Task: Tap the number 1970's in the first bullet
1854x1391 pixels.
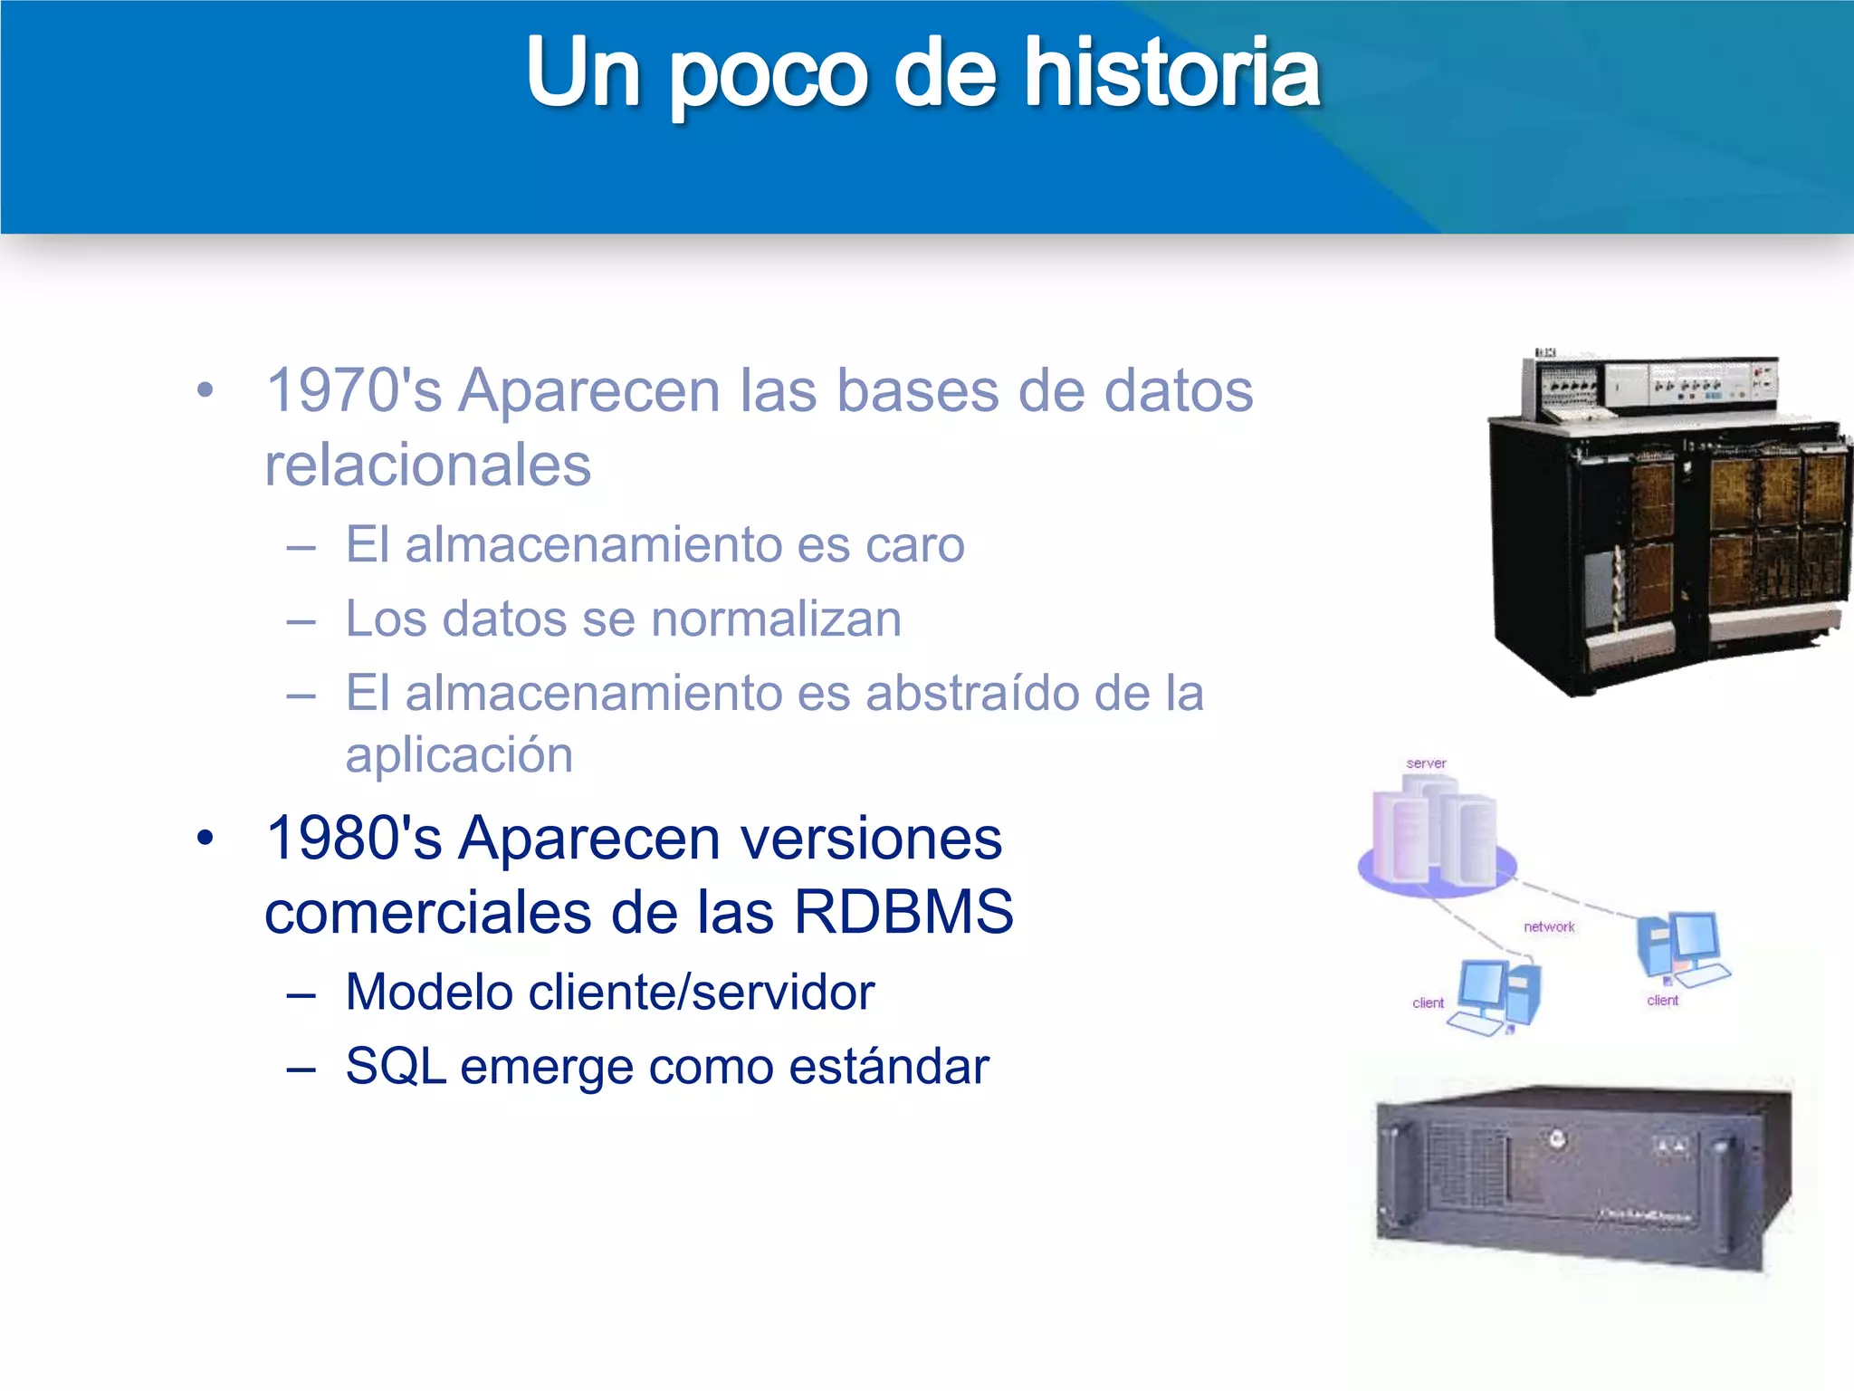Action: tap(354, 391)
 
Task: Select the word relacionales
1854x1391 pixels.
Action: tap(427, 465)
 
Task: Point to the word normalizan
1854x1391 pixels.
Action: tap(776, 619)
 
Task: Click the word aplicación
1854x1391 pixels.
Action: tap(459, 755)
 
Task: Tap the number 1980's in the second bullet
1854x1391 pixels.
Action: tap(354, 838)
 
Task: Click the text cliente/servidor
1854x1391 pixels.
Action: tap(702, 993)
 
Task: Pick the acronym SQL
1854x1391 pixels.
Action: tap(396, 1067)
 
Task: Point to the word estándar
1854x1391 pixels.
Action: tap(889, 1067)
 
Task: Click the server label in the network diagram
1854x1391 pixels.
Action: tap(1426, 763)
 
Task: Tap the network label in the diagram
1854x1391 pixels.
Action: tap(1549, 926)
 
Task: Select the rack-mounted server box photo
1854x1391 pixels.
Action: tap(1582, 1177)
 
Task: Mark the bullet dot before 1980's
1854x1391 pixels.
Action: tap(205, 839)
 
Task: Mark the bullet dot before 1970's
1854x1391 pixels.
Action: tap(205, 391)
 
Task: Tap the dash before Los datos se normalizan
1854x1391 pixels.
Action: tap(301, 622)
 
